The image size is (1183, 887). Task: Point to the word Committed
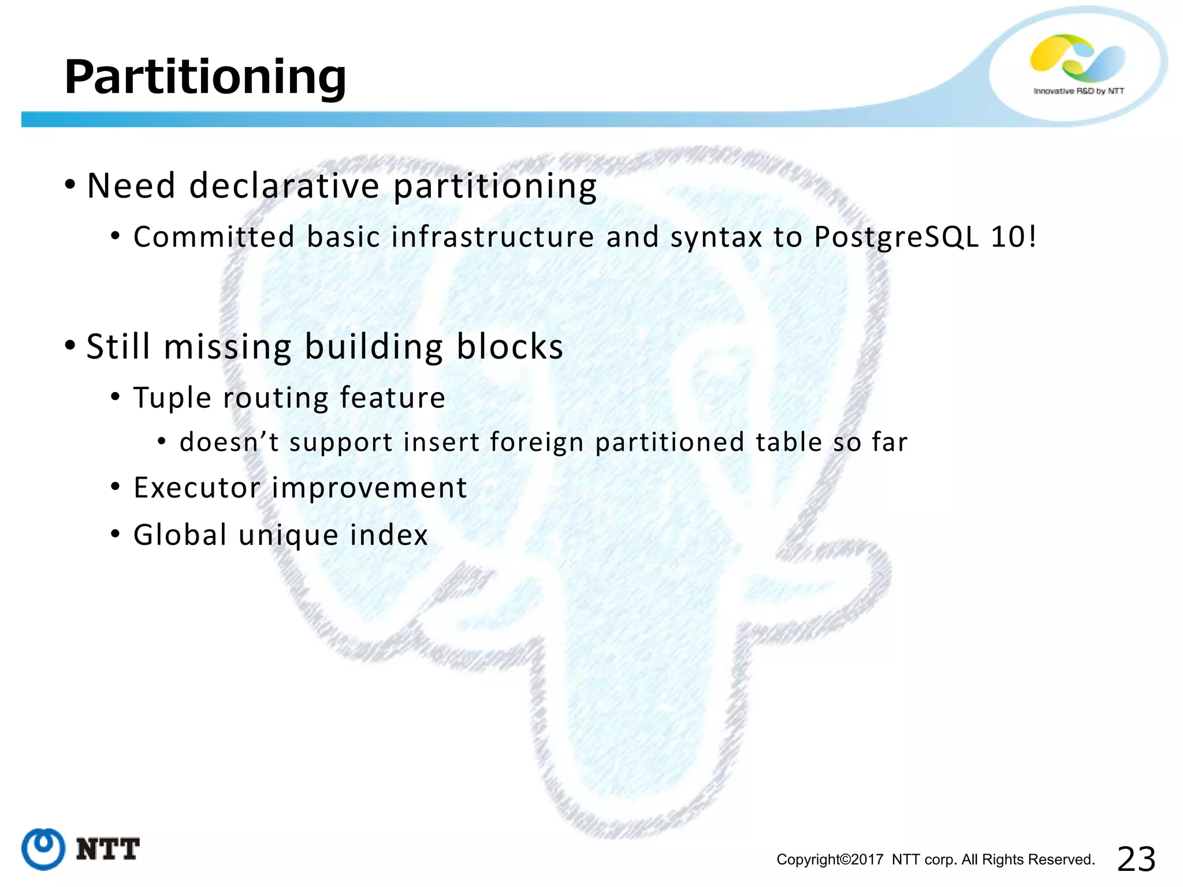(214, 237)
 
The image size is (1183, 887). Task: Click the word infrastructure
(493, 237)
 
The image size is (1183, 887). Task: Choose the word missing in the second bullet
(228, 347)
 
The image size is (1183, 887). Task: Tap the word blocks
(509, 347)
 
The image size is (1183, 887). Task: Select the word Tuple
(172, 398)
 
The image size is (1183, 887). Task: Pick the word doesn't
(229, 442)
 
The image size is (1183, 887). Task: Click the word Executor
(196, 488)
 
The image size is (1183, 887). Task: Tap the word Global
(180, 535)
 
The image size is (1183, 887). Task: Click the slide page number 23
(1136, 859)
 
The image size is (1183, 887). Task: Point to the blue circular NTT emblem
(43, 849)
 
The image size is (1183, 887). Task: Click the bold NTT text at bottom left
(108, 849)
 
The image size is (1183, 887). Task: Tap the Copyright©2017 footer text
(829, 860)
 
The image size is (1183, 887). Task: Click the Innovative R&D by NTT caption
(1078, 91)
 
